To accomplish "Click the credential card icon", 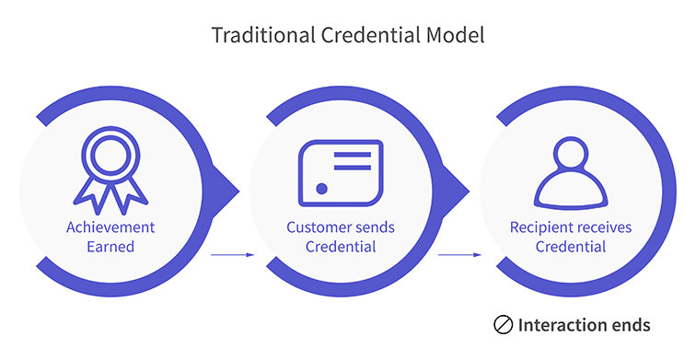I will pyautogui.click(x=340, y=172).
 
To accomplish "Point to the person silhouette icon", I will pyautogui.click(x=570, y=172).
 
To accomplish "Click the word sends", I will pyautogui.click(x=376, y=226).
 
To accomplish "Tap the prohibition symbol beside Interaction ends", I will pyautogui.click(x=503, y=325).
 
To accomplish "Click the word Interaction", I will pyautogui.click(x=559, y=325).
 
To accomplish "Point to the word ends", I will pyautogui.click(x=629, y=325).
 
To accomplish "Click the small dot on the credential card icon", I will pyautogui.click(x=321, y=188).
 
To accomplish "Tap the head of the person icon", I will pyautogui.click(x=570, y=153).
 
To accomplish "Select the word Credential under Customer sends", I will pyautogui.click(x=340, y=247).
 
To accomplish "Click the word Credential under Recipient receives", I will pyautogui.click(x=570, y=247).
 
